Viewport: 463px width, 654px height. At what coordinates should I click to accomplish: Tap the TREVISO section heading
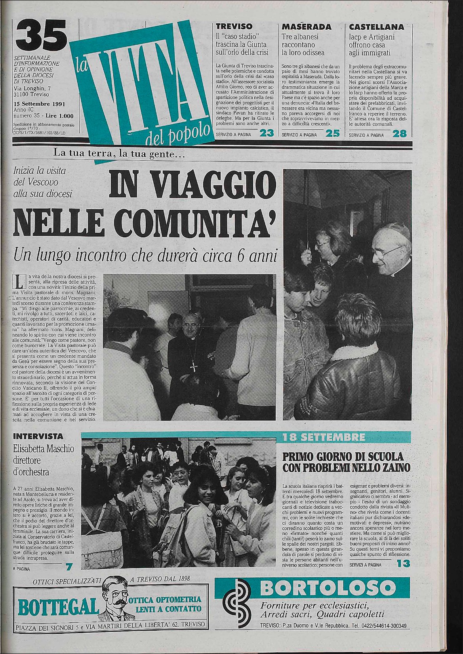pyautogui.click(x=234, y=27)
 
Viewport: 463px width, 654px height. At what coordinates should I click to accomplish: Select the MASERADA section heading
pyautogui.click(x=307, y=27)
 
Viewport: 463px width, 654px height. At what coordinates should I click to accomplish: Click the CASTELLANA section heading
pyautogui.click(x=377, y=27)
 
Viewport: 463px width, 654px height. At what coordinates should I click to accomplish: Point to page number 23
pyautogui.click(x=266, y=134)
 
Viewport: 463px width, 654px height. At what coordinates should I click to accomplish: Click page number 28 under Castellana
pyautogui.click(x=399, y=134)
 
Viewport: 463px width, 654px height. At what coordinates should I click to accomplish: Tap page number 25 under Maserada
pyautogui.click(x=333, y=134)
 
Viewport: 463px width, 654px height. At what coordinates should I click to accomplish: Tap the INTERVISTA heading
pyautogui.click(x=38, y=436)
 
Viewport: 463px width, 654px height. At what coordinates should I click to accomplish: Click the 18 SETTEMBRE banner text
pyautogui.click(x=324, y=438)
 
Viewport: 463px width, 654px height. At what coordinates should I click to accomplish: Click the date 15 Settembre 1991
pyautogui.click(x=39, y=104)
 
